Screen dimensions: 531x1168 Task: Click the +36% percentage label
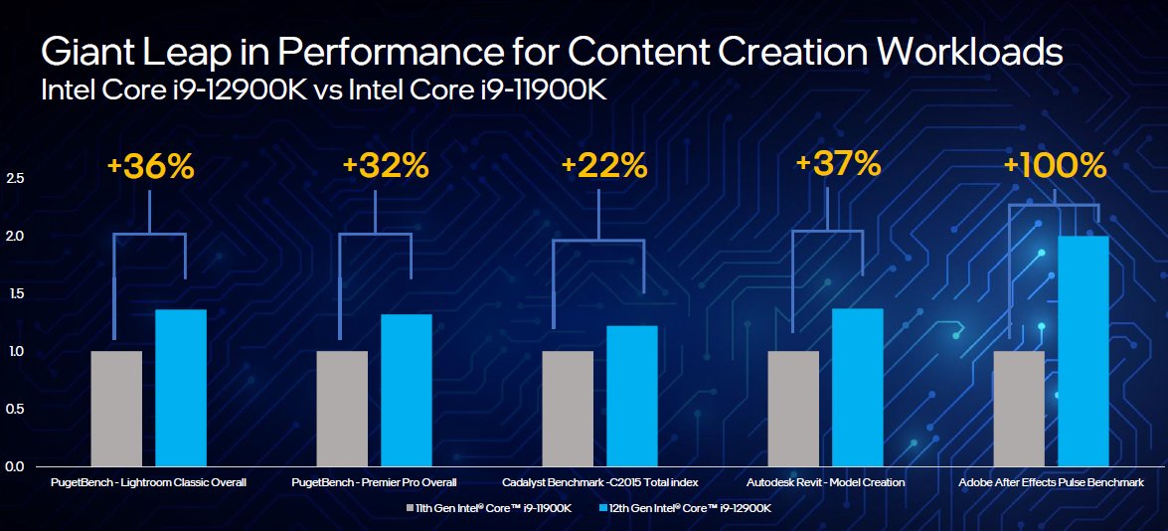pyautogui.click(x=150, y=166)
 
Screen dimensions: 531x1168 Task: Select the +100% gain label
pyautogui.click(x=1054, y=165)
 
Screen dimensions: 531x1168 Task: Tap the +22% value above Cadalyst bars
pyautogui.click(x=603, y=165)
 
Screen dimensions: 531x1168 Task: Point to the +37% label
pyautogui.click(x=837, y=162)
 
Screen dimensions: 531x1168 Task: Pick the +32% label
pyautogui.click(x=385, y=165)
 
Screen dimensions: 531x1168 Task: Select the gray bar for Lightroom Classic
pyautogui.click(x=116, y=408)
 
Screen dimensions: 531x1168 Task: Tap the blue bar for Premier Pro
pyautogui.click(x=407, y=390)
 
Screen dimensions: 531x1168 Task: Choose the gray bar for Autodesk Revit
pyautogui.click(x=793, y=408)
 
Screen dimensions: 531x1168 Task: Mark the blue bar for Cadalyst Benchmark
pyautogui.click(x=632, y=396)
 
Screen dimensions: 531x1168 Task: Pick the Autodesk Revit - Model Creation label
pyautogui.click(x=825, y=482)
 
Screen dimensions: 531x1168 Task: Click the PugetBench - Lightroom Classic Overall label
pyautogui.click(x=148, y=482)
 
